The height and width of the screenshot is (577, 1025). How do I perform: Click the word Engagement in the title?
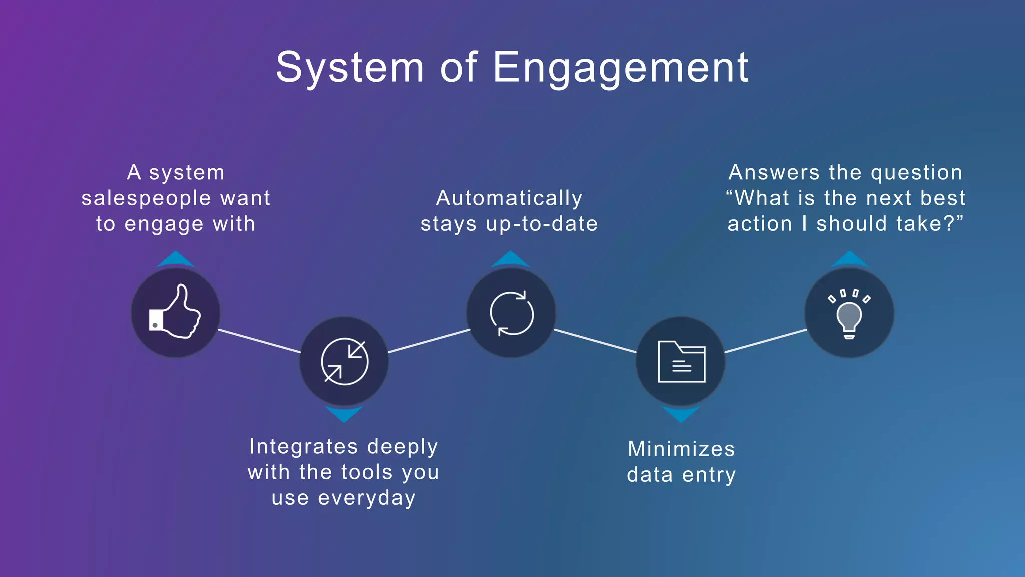[x=621, y=68]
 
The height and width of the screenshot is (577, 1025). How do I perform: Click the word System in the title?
[x=350, y=68]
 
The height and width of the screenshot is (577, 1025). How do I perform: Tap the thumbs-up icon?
[x=175, y=313]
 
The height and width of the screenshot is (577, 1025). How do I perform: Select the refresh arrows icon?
[x=511, y=313]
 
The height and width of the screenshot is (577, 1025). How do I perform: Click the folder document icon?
[x=681, y=361]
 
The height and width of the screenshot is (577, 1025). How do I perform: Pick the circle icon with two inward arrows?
[x=344, y=361]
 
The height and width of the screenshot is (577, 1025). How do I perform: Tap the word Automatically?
[x=509, y=198]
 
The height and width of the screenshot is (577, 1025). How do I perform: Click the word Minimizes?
[x=681, y=449]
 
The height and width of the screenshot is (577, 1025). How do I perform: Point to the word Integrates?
[x=303, y=446]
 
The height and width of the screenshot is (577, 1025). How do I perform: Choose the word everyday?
[x=367, y=498]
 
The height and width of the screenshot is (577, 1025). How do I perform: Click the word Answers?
[x=774, y=172]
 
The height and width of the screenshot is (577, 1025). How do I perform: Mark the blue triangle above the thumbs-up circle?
[x=176, y=260]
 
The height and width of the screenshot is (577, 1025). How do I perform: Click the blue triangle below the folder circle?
[x=681, y=414]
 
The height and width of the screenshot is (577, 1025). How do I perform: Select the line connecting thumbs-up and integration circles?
[x=259, y=341]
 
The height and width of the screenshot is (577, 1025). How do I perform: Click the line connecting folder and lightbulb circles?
[x=766, y=341]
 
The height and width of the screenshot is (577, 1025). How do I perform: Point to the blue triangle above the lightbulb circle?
[x=849, y=260]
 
